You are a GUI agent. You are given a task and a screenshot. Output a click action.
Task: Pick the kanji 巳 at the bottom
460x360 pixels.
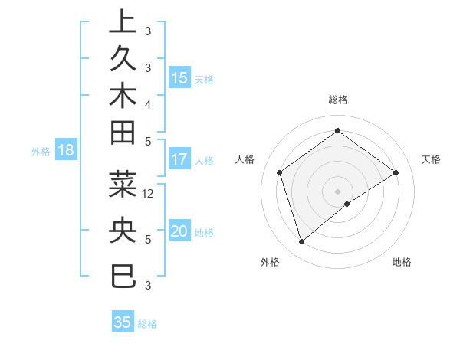(123, 274)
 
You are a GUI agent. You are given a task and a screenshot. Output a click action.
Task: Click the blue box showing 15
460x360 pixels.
(179, 78)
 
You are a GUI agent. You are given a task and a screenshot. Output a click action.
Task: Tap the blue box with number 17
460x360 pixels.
(179, 160)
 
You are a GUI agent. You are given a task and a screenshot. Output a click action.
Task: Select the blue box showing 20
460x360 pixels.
(179, 231)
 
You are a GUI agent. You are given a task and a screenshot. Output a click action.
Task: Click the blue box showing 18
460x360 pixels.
(65, 151)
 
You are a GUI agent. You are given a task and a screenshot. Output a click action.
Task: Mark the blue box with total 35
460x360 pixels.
(123, 322)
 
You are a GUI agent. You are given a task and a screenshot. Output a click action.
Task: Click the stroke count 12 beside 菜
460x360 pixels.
(149, 193)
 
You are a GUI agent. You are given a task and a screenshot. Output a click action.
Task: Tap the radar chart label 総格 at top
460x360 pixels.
(337, 100)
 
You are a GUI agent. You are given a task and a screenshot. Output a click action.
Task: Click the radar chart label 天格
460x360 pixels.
(431, 159)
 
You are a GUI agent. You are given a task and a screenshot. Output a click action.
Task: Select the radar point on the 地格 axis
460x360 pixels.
(347, 204)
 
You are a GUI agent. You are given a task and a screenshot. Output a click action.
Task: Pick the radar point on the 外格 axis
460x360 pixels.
(301, 242)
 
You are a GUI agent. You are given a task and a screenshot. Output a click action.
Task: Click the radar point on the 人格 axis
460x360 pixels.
(280, 172)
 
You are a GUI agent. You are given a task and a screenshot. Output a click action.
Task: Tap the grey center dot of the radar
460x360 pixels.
(337, 191)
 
